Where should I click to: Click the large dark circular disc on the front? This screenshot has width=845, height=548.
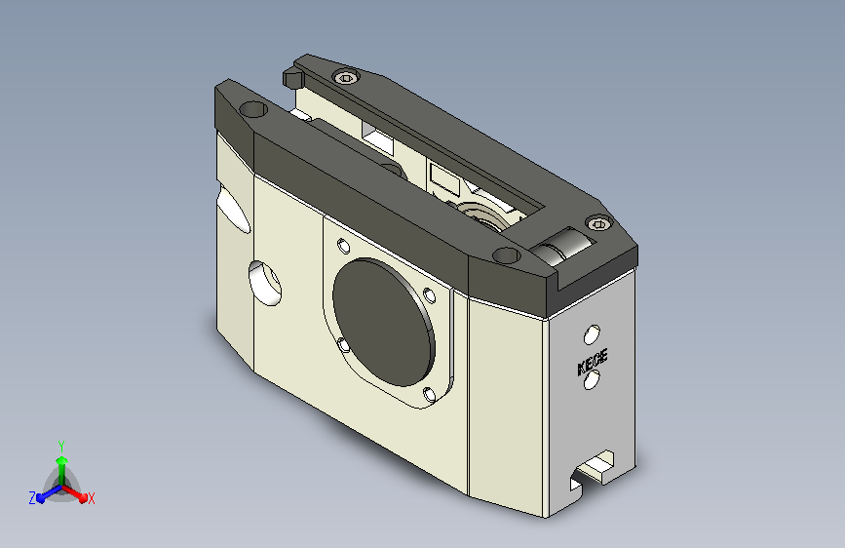coord(384,322)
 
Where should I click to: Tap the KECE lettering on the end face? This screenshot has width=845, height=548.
coord(593,362)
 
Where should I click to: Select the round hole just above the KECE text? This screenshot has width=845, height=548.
coord(592,334)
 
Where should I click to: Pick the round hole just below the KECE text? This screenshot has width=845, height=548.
coord(592,379)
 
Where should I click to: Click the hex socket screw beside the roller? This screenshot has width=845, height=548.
coord(598,222)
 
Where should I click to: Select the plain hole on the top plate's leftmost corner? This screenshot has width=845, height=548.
coord(252,109)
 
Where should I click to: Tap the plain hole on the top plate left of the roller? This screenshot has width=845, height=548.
coord(506,254)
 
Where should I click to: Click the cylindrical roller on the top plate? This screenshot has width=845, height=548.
coord(561,246)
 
